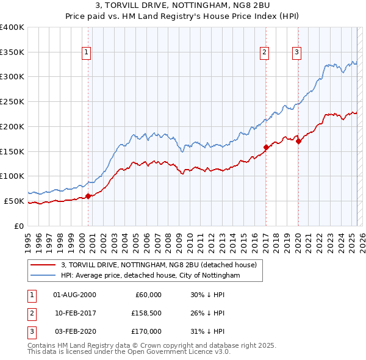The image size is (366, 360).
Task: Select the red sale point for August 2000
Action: pyautogui.click(x=88, y=196)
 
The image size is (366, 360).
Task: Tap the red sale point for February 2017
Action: pyautogui.click(x=266, y=147)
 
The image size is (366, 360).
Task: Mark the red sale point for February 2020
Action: pyautogui.click(x=298, y=142)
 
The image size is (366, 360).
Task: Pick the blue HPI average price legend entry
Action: pyautogui.click(x=150, y=275)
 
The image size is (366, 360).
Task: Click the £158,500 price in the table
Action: pyautogui.click(x=146, y=313)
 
